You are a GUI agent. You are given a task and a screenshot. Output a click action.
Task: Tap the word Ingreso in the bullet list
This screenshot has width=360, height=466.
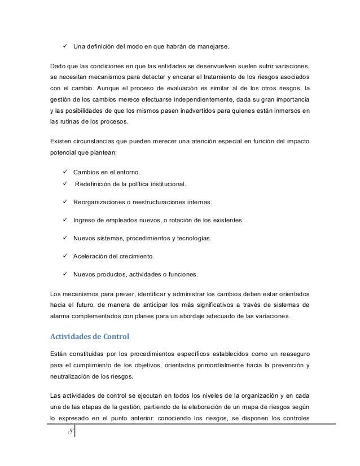[x=85, y=219]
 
